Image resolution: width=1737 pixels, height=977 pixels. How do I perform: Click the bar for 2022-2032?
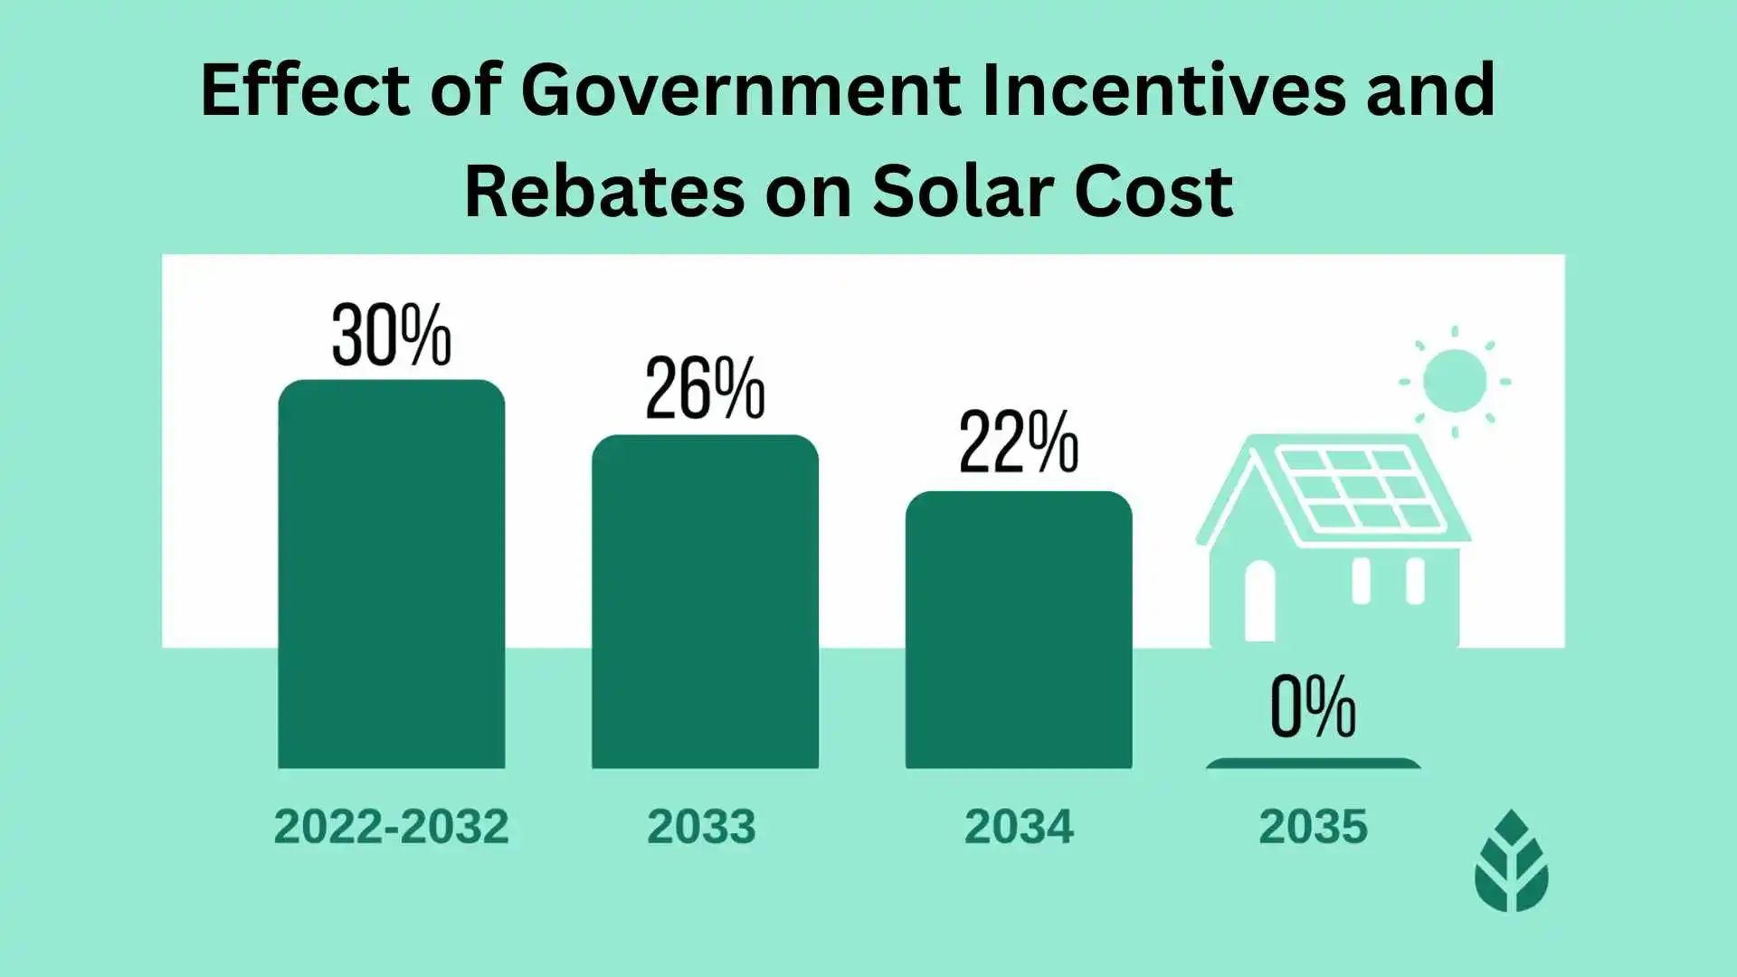tap(391, 574)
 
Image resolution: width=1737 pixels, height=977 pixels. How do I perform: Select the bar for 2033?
tap(705, 602)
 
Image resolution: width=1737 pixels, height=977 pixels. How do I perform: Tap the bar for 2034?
tap(1019, 631)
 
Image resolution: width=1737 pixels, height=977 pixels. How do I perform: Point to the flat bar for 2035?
tap(1313, 764)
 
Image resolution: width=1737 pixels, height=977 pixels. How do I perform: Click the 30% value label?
tap(391, 336)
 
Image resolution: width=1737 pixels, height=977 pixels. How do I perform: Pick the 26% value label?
tap(705, 389)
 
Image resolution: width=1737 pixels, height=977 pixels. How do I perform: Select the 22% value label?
tap(1019, 442)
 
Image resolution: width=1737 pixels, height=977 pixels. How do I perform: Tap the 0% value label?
tap(1313, 707)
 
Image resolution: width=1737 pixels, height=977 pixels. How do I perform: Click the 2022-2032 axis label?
tap(391, 827)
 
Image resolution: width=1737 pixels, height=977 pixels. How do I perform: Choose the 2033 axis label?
tap(701, 827)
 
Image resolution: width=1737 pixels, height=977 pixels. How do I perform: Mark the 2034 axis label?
tap(1019, 827)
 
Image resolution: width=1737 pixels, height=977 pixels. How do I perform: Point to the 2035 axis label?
tap(1313, 827)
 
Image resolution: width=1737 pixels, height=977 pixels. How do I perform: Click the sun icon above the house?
tap(1454, 382)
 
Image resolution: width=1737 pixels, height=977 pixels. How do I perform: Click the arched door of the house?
tap(1259, 602)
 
